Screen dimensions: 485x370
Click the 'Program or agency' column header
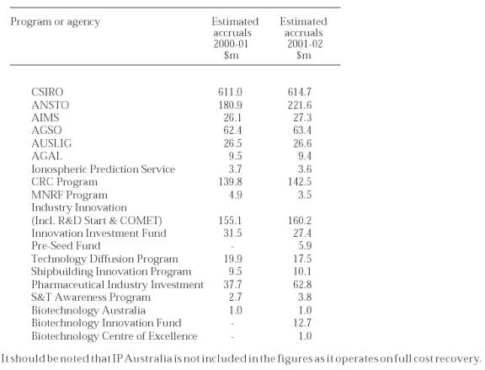(56, 22)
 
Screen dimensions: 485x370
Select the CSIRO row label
(47, 92)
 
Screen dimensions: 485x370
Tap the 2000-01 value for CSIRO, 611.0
(230, 92)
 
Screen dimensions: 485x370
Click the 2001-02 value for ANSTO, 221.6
(300, 105)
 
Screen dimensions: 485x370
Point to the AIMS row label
(45, 118)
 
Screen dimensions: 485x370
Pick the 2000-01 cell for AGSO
(232, 131)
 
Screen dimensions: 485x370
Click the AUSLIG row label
(51, 143)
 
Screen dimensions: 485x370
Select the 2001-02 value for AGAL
(305, 156)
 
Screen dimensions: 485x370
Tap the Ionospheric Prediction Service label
(103, 169)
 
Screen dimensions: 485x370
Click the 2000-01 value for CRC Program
(230, 182)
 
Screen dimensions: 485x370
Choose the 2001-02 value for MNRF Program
(305, 195)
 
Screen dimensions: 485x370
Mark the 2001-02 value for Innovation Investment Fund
(302, 233)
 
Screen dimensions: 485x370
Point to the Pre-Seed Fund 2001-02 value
(305, 246)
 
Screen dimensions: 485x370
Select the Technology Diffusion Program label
(104, 259)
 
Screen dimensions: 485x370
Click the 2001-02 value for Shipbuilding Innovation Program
(302, 271)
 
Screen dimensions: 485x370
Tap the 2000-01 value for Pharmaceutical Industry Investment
(232, 285)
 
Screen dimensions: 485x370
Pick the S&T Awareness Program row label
(91, 298)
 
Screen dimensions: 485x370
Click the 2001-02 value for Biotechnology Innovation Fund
(302, 323)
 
